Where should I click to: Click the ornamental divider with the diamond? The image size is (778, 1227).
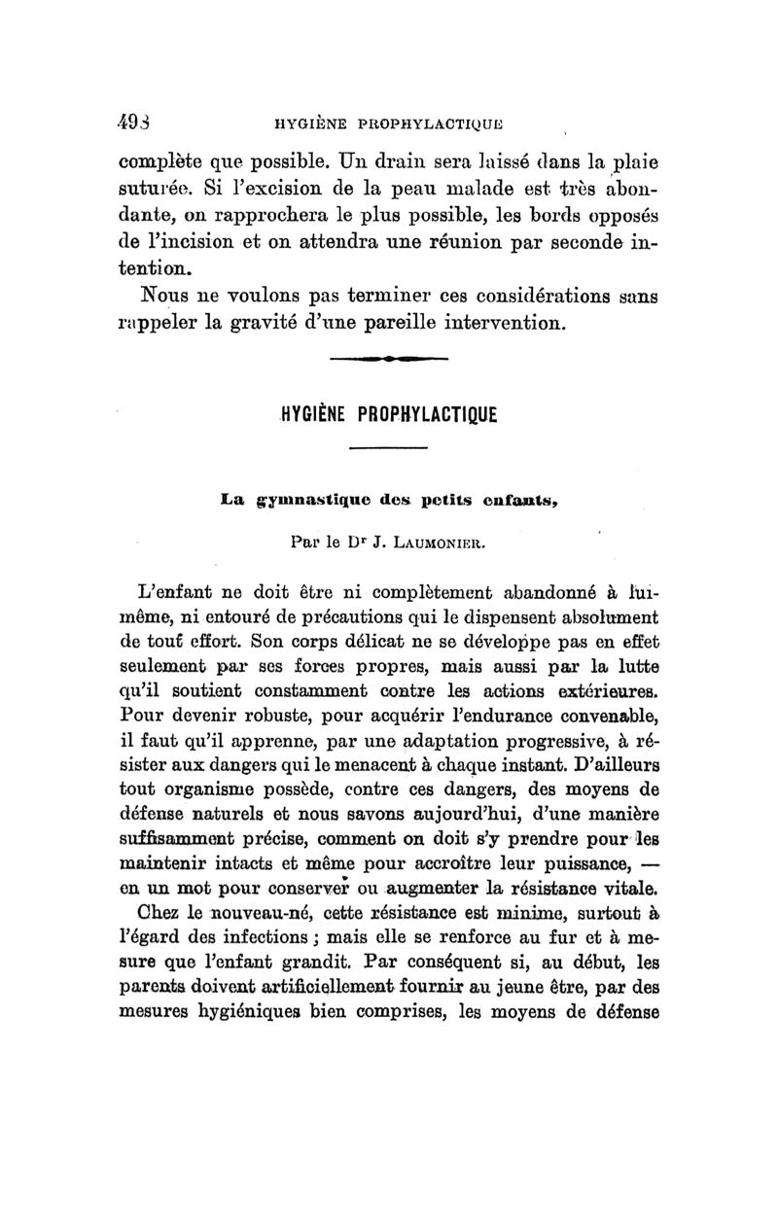(x=389, y=361)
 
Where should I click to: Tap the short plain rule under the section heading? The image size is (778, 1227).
(x=389, y=447)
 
